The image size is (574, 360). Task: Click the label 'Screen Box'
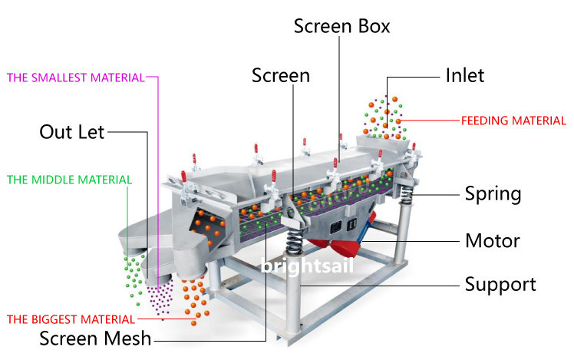pos(342,26)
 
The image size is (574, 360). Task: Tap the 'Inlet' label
pos(465,75)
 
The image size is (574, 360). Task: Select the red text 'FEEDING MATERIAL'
pos(513,121)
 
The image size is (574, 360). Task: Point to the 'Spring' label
pos(493,193)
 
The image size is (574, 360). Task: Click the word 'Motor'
pos(493,241)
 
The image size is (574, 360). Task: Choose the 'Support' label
pos(500,285)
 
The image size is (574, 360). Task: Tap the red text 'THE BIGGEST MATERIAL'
pos(71,319)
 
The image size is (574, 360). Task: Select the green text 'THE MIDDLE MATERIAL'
pos(69,180)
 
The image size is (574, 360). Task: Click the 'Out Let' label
pos(71,131)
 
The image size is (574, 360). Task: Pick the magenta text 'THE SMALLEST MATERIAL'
pos(76,77)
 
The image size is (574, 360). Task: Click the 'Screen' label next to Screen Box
pos(281,75)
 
